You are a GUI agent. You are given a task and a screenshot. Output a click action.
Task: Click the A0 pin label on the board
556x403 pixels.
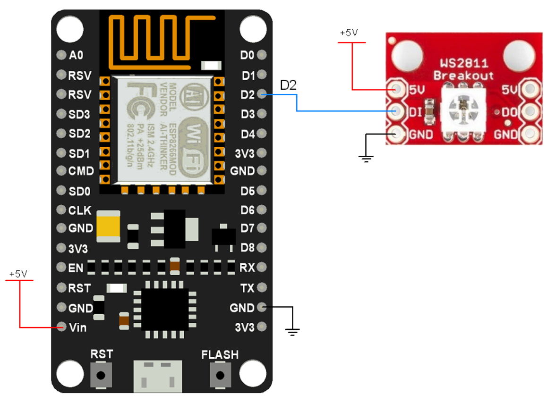click(x=76, y=55)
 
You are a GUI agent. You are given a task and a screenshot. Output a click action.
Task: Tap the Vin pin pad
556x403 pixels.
click(x=61, y=327)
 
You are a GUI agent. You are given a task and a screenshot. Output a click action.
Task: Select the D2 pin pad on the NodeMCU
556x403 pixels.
click(x=263, y=94)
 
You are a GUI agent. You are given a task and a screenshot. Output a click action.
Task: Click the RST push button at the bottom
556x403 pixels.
click(x=101, y=375)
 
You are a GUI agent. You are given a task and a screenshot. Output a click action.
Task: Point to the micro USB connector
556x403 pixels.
click(x=158, y=376)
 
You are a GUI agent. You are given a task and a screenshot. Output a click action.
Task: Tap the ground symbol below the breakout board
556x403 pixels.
click(x=366, y=159)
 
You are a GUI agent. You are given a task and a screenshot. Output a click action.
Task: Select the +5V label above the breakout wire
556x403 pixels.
click(x=349, y=34)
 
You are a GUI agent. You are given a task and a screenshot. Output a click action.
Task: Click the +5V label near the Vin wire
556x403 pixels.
click(x=18, y=274)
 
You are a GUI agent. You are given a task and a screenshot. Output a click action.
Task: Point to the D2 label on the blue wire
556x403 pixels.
click(x=288, y=85)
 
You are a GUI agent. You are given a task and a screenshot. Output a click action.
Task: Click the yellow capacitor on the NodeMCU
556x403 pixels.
click(x=108, y=227)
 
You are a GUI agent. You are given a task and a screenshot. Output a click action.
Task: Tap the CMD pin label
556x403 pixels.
click(x=81, y=171)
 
